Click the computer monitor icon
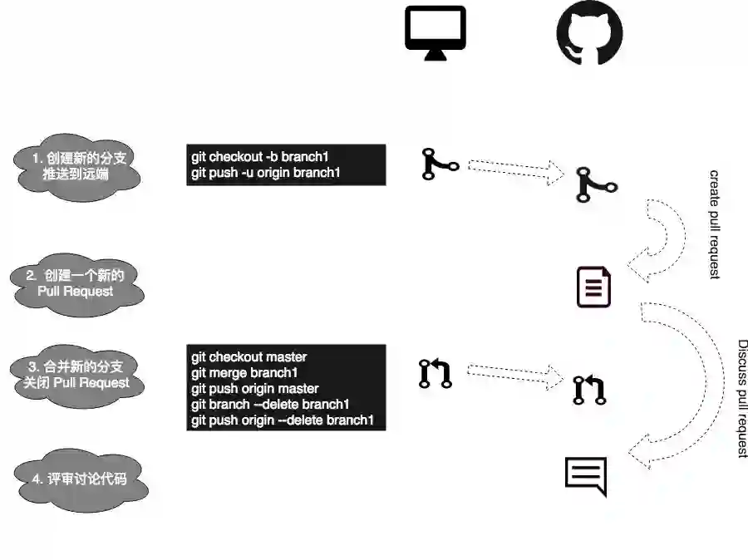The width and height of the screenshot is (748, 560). point(436,32)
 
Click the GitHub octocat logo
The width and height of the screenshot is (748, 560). point(589,36)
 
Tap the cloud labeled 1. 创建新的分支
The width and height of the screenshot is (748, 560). point(78,165)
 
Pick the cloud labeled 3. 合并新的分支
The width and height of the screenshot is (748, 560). point(78,375)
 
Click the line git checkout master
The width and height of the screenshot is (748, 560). point(249,357)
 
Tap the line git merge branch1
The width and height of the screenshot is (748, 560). point(244,373)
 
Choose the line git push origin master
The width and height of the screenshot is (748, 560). point(254,389)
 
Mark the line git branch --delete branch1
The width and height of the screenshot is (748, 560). point(269,405)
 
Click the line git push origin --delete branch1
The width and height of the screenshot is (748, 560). point(283,420)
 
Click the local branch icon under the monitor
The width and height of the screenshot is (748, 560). point(440,165)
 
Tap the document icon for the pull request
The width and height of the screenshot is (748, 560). point(594,287)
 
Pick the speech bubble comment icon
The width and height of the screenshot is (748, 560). point(586,476)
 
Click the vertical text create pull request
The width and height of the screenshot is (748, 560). point(714,224)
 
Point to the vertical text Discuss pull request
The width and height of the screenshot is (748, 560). point(743,398)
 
